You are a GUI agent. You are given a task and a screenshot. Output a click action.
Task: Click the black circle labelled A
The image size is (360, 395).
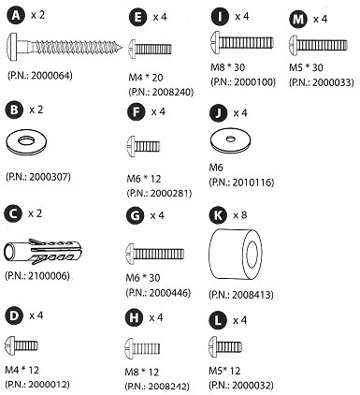click(16, 16)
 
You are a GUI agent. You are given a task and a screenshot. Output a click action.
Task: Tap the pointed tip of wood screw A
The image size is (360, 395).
click(122, 48)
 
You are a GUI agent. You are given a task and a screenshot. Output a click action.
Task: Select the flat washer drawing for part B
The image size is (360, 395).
click(26, 142)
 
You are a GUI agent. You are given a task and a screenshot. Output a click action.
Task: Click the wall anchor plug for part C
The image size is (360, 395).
click(43, 252)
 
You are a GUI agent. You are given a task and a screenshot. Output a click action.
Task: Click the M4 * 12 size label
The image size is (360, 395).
click(22, 370)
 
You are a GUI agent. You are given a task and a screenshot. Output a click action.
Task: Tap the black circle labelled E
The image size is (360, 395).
click(137, 18)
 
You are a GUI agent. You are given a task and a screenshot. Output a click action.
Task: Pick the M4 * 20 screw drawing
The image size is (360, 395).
click(151, 49)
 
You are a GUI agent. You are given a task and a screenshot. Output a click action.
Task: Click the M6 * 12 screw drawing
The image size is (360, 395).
click(144, 146)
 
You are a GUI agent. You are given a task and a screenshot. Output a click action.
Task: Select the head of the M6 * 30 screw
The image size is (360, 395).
click(130, 253)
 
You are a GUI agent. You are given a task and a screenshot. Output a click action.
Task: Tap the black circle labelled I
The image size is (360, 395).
click(220, 16)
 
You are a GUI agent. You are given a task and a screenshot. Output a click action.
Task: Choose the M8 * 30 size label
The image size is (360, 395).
click(228, 67)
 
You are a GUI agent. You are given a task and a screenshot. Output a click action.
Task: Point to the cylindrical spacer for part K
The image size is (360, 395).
click(236, 255)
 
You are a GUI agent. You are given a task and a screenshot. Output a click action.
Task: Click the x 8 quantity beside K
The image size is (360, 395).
click(240, 215)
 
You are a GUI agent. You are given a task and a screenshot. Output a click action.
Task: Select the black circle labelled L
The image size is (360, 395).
click(218, 320)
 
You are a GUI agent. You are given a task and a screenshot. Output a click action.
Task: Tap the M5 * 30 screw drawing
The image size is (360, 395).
click(318, 45)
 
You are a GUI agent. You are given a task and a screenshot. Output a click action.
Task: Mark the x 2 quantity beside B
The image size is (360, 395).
click(36, 110)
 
